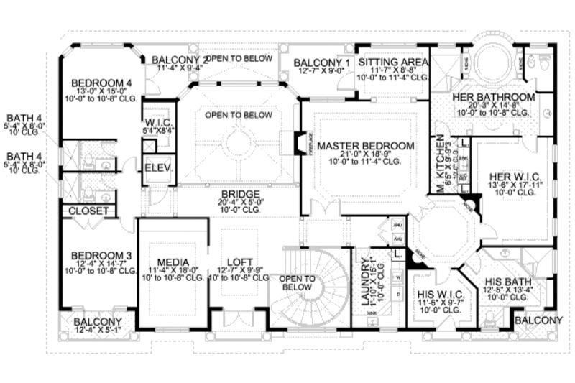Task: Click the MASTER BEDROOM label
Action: point(366,145)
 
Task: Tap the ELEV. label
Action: point(156,167)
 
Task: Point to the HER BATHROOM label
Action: point(493,97)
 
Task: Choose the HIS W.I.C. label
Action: point(438,295)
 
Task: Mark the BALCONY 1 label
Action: point(321,63)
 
